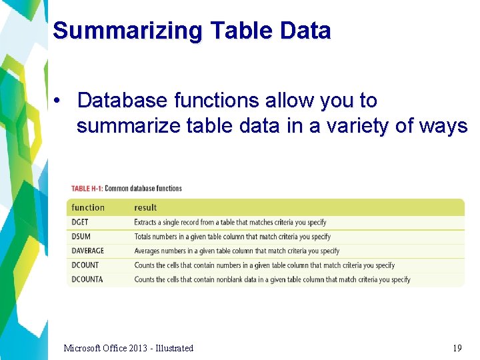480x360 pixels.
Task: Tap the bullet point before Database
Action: (x=58, y=101)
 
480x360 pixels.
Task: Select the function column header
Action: (x=88, y=208)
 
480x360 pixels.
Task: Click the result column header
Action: (x=145, y=208)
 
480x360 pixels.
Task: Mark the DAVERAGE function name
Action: (x=88, y=251)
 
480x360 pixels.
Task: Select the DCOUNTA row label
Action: (x=87, y=280)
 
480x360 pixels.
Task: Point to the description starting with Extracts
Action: (x=230, y=223)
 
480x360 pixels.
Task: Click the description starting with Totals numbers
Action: (x=232, y=237)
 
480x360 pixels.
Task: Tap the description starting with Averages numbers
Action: (x=237, y=251)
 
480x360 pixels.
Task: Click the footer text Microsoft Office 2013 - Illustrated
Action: (x=128, y=348)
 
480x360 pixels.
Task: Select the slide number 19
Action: (x=457, y=348)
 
